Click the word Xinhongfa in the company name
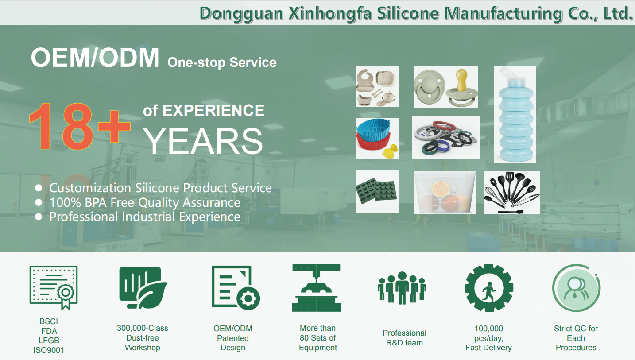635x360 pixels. point(330,14)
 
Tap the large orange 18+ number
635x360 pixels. point(79,126)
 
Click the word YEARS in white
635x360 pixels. point(203,141)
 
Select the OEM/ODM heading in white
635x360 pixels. point(95,58)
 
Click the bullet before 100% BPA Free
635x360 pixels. point(39,202)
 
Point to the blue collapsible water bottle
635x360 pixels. point(515,114)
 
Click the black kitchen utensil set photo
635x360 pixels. point(511,193)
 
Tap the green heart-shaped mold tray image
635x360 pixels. point(377,192)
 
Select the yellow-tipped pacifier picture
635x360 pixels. point(445,87)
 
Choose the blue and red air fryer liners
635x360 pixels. point(377,139)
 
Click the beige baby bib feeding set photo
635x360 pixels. point(377,86)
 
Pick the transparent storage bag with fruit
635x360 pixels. point(445,193)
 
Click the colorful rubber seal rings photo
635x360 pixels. point(445,138)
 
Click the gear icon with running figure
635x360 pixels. point(489,288)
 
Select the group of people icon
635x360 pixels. point(402,288)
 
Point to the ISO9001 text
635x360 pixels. point(49,350)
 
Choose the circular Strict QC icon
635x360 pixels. point(576,288)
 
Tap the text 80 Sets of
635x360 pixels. point(318,338)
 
